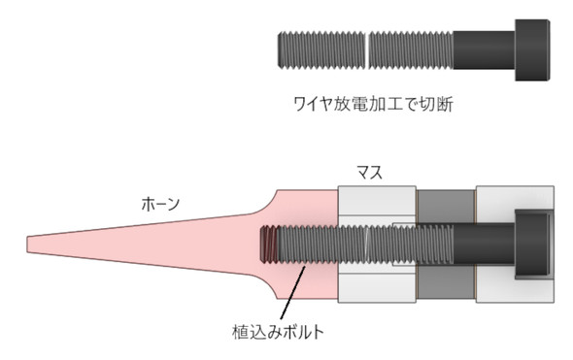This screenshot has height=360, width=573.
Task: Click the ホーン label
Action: (160, 204)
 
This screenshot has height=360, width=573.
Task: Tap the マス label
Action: (369, 172)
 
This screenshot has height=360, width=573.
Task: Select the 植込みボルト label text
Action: (279, 332)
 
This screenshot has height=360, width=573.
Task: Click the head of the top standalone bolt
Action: (532, 50)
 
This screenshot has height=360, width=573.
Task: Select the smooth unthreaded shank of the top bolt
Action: (485, 50)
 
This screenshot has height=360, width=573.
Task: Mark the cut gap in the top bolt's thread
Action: (367, 50)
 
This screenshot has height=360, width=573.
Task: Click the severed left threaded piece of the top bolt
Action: (321, 50)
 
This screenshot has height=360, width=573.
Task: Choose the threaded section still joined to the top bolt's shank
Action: (411, 50)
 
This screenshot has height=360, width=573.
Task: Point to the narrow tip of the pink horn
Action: (28, 244)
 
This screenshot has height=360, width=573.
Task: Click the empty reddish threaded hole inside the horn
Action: (268, 244)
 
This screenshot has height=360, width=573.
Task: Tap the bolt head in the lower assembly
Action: (533, 245)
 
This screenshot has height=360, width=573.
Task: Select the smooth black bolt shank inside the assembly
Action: (485, 245)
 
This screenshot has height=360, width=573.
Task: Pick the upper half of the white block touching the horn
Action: (377, 201)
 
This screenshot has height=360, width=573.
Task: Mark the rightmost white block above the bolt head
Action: (515, 198)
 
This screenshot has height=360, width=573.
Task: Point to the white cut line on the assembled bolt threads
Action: (367, 244)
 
